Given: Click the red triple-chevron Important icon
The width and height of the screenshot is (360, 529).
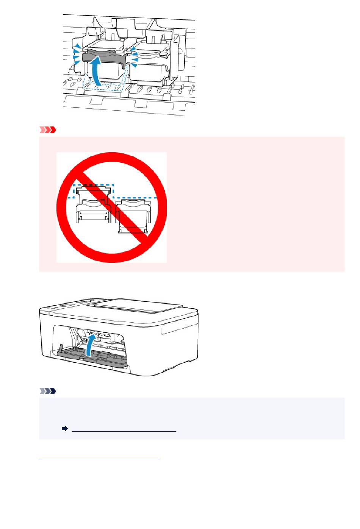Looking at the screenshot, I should point(47,130).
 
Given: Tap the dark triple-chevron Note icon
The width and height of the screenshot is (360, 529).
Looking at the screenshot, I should point(47,391).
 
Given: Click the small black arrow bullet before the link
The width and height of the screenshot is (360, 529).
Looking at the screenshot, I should point(65,429).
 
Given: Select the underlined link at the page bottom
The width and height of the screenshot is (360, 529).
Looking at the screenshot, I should point(99,458).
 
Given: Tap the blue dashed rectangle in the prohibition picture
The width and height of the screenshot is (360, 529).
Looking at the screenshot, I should point(93,191).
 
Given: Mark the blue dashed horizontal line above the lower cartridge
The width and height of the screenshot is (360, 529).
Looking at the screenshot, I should point(136,198).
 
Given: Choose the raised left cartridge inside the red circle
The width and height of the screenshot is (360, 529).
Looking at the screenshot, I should point(92,206).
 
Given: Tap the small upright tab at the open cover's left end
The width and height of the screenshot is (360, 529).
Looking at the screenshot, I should point(61,348).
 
